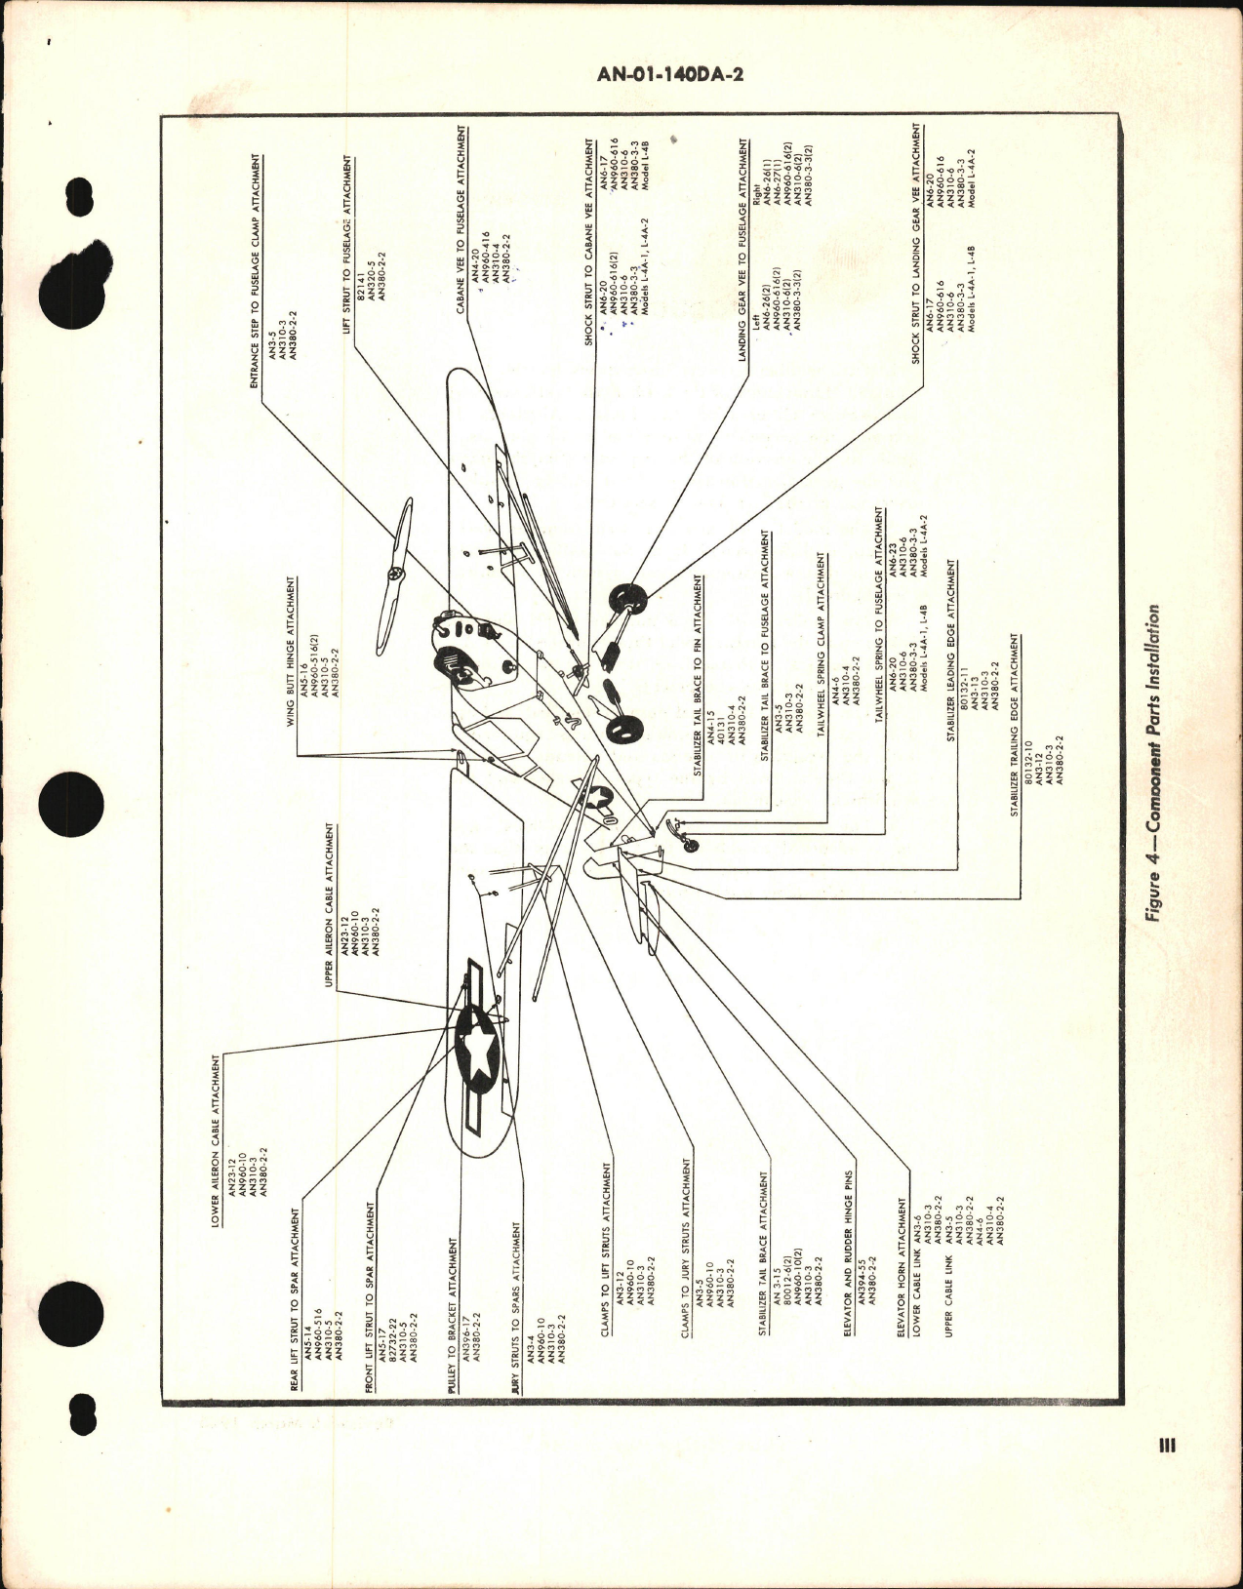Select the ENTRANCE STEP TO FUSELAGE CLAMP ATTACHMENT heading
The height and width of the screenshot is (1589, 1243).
[256, 269]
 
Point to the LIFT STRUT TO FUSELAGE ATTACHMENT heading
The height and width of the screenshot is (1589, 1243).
[347, 231]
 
